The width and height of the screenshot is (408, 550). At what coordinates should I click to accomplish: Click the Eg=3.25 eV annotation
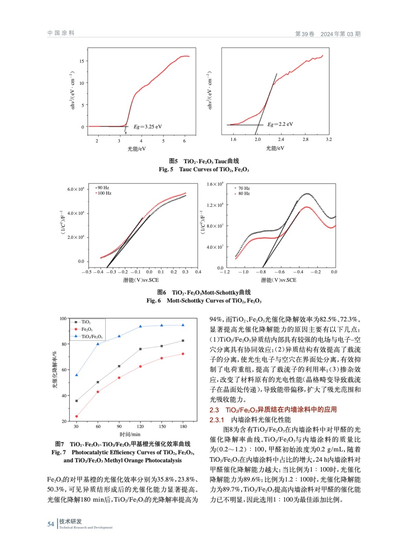tap(147, 126)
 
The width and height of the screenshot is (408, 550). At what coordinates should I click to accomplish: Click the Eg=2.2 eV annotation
tap(280, 124)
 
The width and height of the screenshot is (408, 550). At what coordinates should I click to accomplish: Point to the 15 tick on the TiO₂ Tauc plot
tap(81, 61)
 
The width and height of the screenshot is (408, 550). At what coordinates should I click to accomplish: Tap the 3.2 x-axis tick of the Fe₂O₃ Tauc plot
tap(329, 139)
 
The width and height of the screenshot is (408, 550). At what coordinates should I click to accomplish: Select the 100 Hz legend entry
tap(104, 193)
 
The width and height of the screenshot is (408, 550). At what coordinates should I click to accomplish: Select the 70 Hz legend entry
tap(244, 188)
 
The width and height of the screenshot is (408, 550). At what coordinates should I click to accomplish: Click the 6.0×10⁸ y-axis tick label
tap(76, 189)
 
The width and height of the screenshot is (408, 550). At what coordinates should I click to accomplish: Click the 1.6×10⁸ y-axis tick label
tap(215, 184)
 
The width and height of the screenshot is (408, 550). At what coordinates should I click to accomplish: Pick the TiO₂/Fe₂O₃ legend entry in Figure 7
tap(91, 337)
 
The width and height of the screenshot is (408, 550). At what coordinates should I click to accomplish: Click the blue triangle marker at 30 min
tap(76, 375)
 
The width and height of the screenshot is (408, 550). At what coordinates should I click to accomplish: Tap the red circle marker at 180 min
tap(183, 354)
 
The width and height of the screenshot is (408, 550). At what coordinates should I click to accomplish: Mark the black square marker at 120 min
tap(140, 349)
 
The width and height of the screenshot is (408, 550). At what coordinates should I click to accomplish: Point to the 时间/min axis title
tap(130, 434)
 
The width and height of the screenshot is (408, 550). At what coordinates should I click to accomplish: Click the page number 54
tap(51, 524)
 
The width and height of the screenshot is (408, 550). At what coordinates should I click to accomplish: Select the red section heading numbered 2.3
tap(273, 409)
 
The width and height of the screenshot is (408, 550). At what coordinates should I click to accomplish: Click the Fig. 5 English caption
tap(203, 169)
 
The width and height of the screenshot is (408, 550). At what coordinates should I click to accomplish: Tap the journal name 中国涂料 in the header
tap(61, 33)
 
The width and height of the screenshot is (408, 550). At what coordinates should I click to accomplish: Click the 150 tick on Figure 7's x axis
tap(162, 426)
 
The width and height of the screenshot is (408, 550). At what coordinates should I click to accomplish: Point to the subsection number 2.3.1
tap(217, 420)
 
